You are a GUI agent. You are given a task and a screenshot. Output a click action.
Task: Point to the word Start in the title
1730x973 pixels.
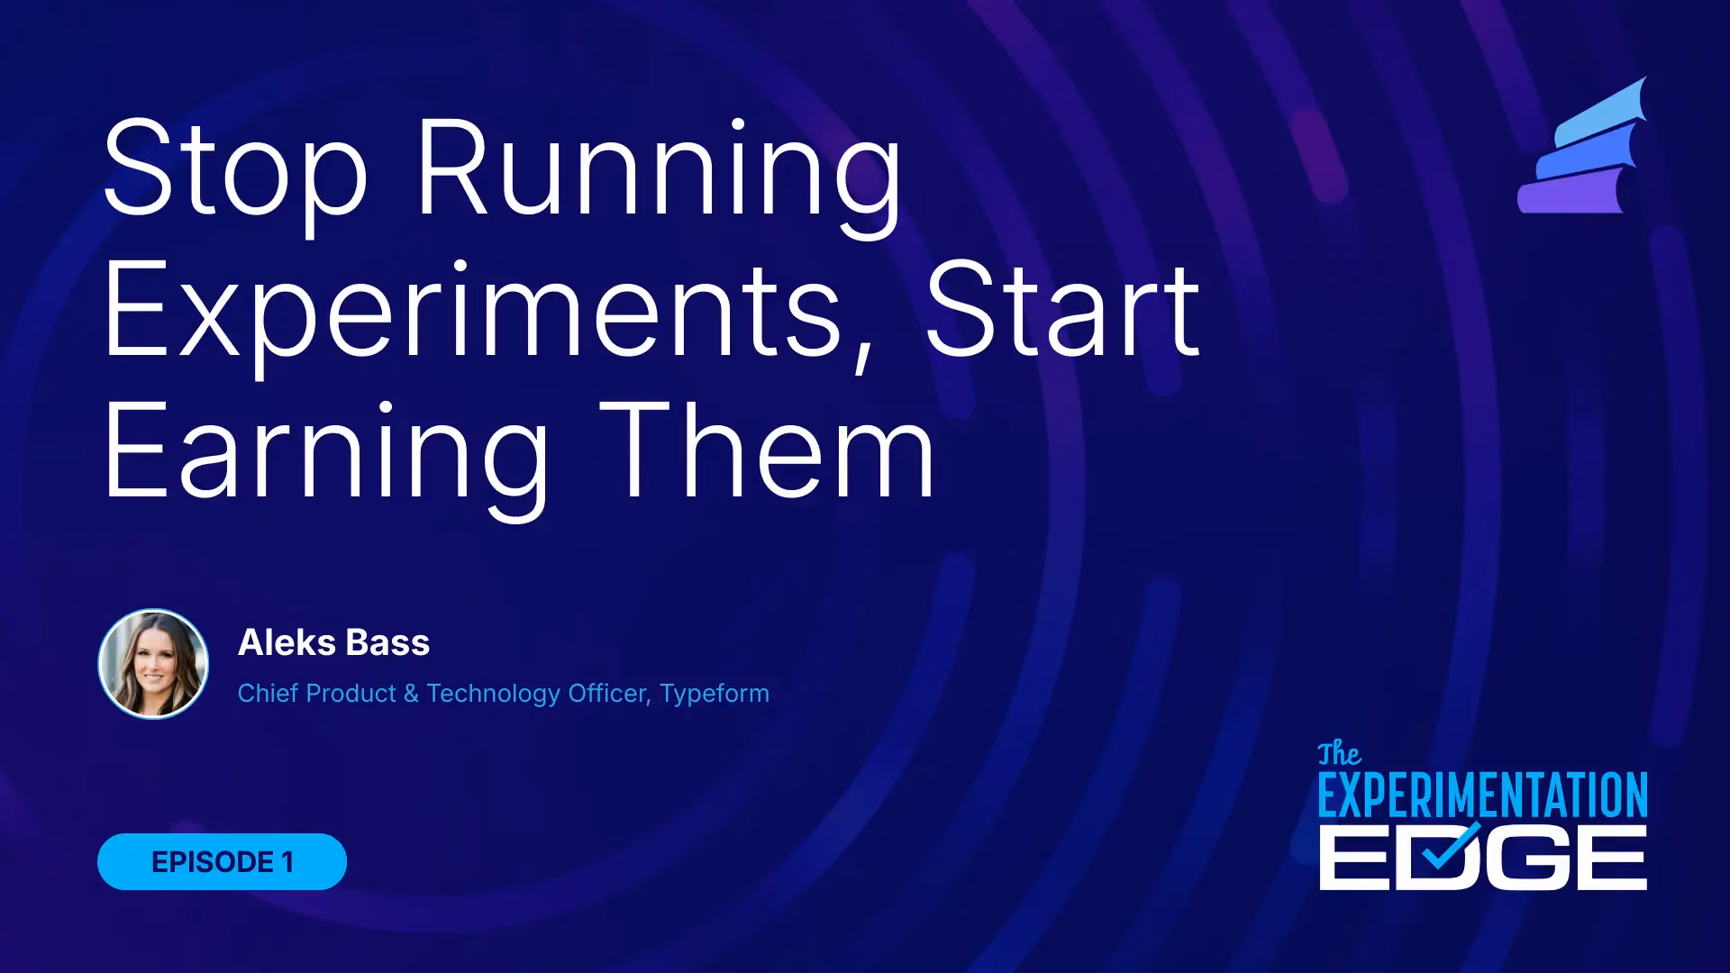pyautogui.click(x=1063, y=309)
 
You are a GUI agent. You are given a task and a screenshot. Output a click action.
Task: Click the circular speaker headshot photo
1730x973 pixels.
pyautogui.click(x=153, y=664)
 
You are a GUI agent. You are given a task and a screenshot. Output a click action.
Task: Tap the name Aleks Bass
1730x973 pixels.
pyautogui.click(x=334, y=642)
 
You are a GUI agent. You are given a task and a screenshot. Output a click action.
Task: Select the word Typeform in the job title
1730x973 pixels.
pyautogui.click(x=715, y=694)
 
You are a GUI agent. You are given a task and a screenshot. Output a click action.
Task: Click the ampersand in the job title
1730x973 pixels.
pyautogui.click(x=411, y=694)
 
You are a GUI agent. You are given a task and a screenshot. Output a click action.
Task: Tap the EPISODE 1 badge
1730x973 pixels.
pyautogui.click(x=222, y=861)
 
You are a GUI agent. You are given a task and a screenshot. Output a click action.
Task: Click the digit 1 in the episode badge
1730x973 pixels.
pyautogui.click(x=287, y=862)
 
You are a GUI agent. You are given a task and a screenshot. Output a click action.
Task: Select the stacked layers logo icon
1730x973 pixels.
pyautogui.click(x=1583, y=145)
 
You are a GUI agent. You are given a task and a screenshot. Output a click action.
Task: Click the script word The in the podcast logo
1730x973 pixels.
pyautogui.click(x=1339, y=754)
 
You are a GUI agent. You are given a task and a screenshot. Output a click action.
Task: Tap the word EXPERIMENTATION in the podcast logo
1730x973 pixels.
pyautogui.click(x=1483, y=795)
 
